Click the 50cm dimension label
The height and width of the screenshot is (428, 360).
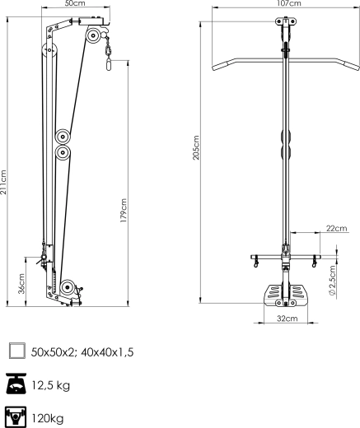tap(75, 3)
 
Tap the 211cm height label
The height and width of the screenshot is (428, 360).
tap(3, 182)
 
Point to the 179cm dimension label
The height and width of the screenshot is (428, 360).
tap(124, 210)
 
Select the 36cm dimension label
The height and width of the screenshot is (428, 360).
tap(21, 283)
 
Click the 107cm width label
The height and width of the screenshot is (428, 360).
tap(290, 3)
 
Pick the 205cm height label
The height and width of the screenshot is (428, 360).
tap(195, 147)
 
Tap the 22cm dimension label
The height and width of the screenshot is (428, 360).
tap(336, 228)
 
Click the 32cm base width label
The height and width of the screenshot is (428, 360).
tap(288, 319)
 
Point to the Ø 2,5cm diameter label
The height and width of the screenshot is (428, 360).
tap(332, 280)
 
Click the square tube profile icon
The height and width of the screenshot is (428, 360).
tap(17, 351)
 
